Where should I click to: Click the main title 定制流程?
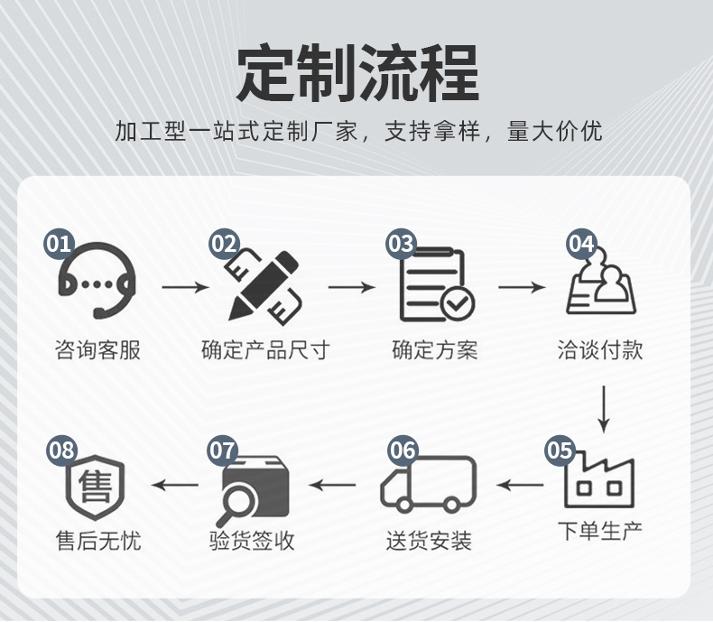point(356,71)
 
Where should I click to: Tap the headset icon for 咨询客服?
point(97,281)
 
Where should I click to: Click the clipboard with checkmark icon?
point(436,285)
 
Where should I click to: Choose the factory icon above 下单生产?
point(599,479)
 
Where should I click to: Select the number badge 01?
point(60,244)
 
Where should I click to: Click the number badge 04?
point(581,244)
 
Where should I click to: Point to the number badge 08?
point(61,450)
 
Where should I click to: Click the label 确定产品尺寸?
point(264,350)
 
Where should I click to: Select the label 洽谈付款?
point(600,350)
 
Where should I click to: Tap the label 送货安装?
point(429,542)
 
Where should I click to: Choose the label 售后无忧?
point(98,542)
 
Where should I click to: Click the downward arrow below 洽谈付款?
point(603,409)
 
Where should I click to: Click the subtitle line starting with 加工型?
point(357,132)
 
